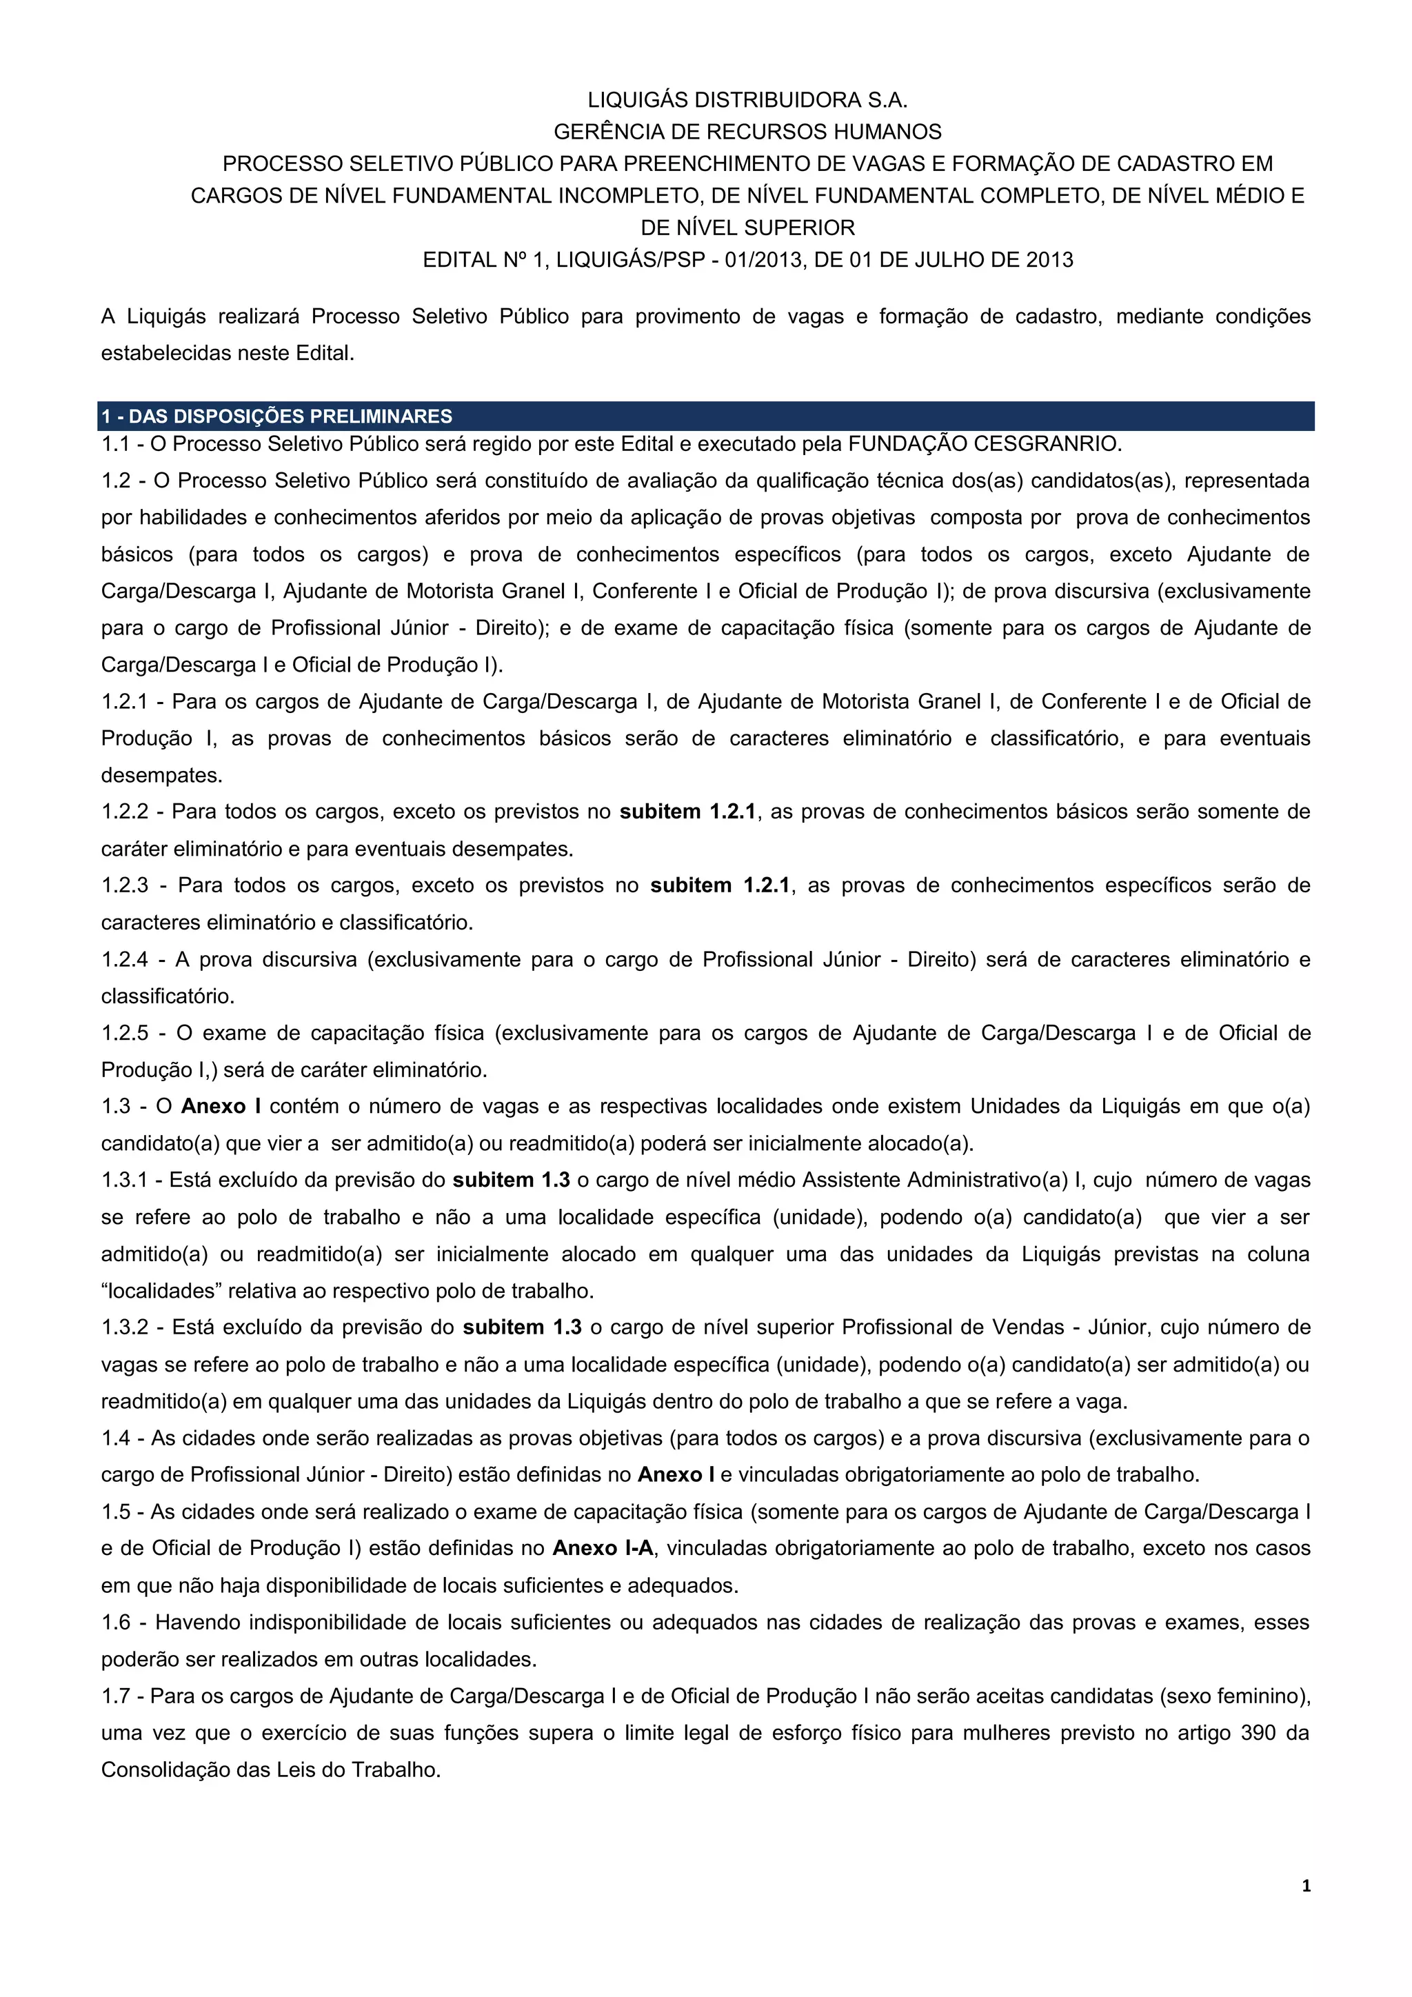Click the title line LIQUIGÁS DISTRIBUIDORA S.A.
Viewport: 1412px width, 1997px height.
(x=748, y=99)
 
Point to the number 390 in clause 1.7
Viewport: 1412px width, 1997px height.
(x=1258, y=1733)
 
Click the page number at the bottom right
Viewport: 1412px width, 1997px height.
(x=1306, y=1910)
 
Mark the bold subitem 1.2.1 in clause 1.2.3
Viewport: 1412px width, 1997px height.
(x=720, y=885)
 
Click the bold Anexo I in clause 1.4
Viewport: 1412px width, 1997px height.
(x=676, y=1475)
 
